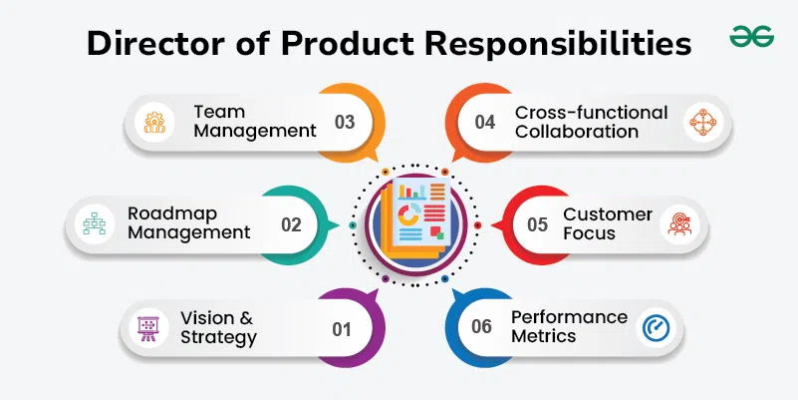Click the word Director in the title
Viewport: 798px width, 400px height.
click(146, 44)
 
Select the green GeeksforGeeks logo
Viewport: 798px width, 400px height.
click(749, 37)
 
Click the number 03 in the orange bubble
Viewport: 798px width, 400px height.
click(345, 123)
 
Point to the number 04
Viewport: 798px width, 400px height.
click(485, 123)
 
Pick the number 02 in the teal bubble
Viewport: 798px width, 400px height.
click(291, 225)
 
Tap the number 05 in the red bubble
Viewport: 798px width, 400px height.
click(538, 225)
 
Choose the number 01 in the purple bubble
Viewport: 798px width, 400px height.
click(342, 328)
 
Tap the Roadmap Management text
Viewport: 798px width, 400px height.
click(189, 223)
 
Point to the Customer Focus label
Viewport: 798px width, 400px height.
click(608, 224)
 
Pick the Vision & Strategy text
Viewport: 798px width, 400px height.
click(218, 327)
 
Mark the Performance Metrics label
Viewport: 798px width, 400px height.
click(569, 326)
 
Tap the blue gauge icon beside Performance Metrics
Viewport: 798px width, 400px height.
click(654, 327)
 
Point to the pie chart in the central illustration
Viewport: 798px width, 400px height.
click(408, 213)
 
